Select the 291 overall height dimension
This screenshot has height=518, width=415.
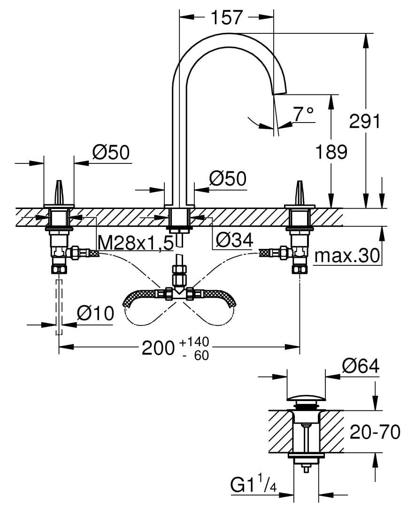point(364,121)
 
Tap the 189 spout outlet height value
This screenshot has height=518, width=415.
point(331,152)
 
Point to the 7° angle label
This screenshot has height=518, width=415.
point(303,113)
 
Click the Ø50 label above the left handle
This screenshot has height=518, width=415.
point(110,152)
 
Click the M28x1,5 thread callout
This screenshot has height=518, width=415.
point(136,242)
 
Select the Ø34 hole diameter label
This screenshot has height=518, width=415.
point(234,240)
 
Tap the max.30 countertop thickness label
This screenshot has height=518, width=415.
point(347,256)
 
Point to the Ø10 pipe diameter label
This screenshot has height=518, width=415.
point(95,313)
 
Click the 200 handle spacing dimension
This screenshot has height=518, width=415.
point(157,348)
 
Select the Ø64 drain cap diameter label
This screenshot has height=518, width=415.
point(360,366)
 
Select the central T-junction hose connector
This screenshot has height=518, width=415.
point(178,292)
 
